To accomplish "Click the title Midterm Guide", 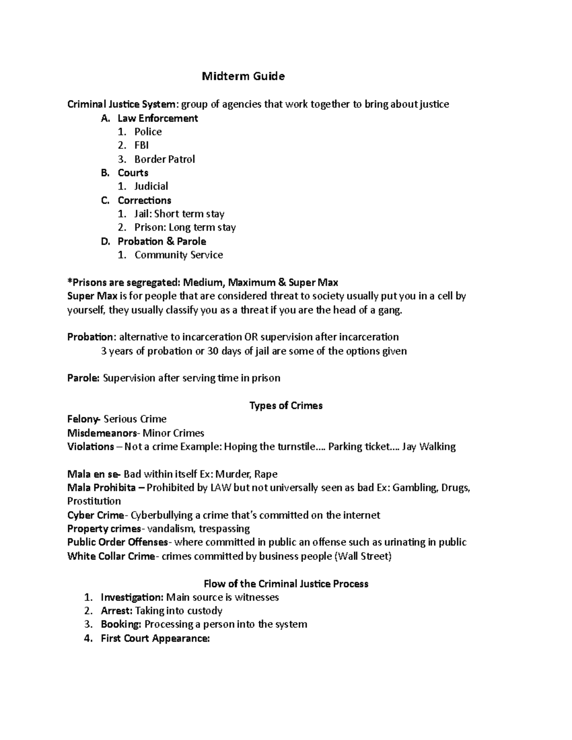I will (243, 76).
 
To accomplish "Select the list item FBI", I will (142, 145).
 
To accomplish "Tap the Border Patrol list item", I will (164, 159).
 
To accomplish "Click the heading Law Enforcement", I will (158, 118).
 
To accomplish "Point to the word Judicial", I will (151, 186).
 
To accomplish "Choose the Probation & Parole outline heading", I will (162, 241).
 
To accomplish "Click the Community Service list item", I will (179, 255).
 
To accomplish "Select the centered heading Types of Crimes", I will (286, 405).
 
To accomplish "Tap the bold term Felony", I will (83, 419).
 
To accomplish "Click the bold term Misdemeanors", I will (102, 433).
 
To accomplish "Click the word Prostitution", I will (94, 501).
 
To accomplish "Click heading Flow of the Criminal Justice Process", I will (286, 584).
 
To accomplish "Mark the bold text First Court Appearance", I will (155, 639).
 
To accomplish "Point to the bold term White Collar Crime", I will (111, 556).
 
